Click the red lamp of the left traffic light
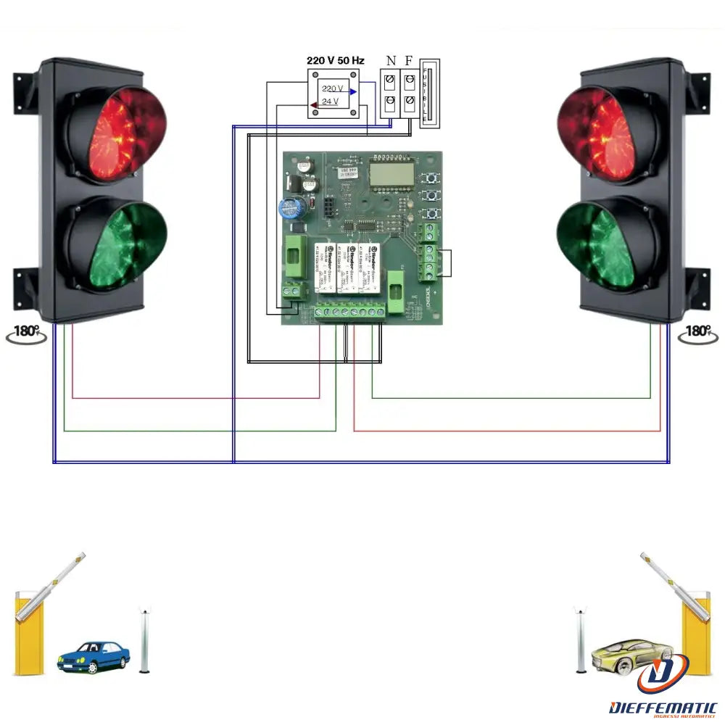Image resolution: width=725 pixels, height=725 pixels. pyautogui.click(x=116, y=134)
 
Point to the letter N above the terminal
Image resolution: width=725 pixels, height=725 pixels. pyautogui.click(x=391, y=61)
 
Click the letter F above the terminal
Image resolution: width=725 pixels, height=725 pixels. pyautogui.click(x=409, y=61)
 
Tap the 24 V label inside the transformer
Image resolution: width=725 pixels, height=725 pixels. pyautogui.click(x=331, y=101)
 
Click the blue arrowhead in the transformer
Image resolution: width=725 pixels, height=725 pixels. pyautogui.click(x=352, y=91)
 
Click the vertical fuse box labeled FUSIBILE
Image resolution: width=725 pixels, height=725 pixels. pyautogui.click(x=429, y=94)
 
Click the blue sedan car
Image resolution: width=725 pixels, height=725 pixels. pyautogui.click(x=94, y=656)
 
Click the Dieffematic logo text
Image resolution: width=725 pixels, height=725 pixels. pyautogui.click(x=663, y=708)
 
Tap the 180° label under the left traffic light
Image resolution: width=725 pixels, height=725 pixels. pyautogui.click(x=28, y=332)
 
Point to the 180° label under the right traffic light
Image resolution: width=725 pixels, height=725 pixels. pyautogui.click(x=697, y=332)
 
